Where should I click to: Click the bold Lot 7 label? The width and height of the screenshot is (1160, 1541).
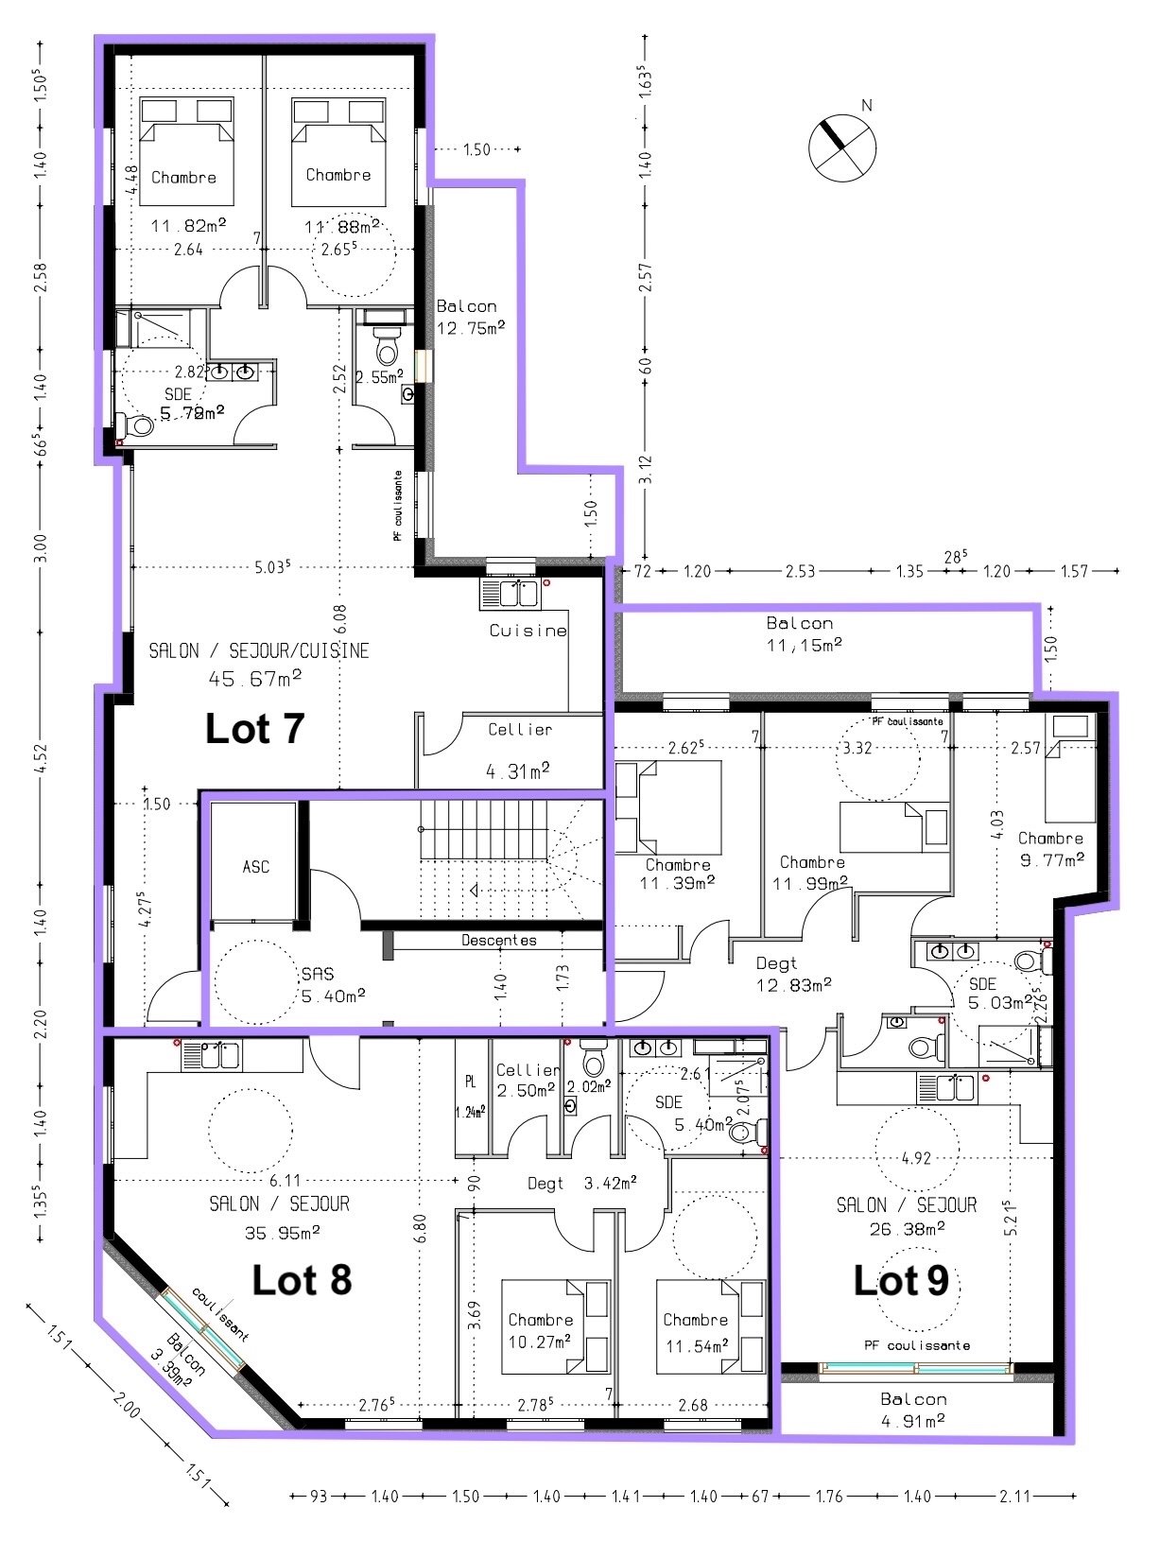point(254,729)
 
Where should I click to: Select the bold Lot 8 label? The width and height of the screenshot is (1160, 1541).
point(302,1280)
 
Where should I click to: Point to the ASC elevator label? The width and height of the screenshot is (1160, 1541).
point(256,867)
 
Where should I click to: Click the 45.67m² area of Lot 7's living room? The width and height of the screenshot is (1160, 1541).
point(254,678)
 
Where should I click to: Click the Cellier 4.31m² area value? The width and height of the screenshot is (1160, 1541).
point(518,771)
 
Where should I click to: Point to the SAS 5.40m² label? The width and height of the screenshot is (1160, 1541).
point(334,984)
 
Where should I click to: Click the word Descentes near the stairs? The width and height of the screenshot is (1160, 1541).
point(499,940)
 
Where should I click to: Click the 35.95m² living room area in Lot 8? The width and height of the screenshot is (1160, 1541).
point(283,1232)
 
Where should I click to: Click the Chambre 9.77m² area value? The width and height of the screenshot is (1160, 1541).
point(1052,859)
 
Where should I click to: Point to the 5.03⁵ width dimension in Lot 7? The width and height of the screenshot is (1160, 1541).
point(273,566)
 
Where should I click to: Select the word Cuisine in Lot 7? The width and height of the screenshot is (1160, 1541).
point(528,631)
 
